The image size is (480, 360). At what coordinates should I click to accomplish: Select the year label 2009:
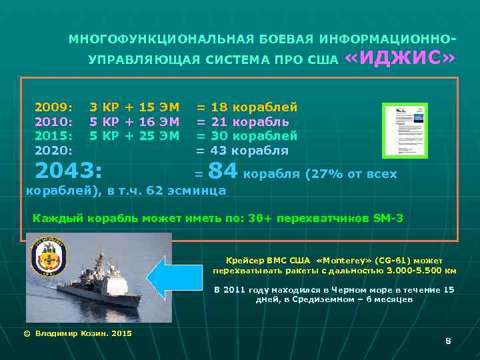pos(54,107)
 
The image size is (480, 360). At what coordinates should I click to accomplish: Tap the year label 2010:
pos(54,121)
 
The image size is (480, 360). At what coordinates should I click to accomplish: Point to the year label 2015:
pos(54,136)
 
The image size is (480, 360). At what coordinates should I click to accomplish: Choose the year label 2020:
pos(54,151)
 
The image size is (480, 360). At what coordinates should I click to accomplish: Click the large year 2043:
pos(68,171)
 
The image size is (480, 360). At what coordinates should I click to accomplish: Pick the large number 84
pos(223,172)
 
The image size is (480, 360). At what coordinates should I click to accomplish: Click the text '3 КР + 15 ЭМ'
pos(134,107)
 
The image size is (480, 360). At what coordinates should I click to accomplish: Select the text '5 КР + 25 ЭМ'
pos(134,136)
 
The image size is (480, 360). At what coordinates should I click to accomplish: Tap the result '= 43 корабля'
pos(241,151)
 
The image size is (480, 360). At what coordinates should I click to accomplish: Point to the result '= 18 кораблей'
pos(246,107)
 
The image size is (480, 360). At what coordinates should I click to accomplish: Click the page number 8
pos(448,341)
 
